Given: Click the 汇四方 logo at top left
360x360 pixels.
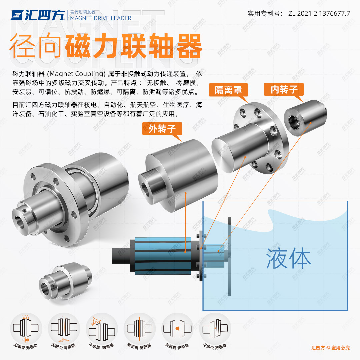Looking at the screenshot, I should point(37,15).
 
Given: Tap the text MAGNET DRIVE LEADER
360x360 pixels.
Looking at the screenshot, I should point(101,18).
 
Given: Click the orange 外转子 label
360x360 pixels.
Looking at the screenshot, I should point(162,129).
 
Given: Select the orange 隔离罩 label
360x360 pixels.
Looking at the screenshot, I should point(228,90).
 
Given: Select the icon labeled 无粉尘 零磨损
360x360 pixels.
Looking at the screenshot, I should point(64,328).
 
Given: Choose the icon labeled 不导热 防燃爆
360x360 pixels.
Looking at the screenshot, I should point(101,328).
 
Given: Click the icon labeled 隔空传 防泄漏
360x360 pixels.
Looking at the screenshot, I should point(139,328).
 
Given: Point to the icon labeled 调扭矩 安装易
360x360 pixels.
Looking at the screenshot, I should point(177,328).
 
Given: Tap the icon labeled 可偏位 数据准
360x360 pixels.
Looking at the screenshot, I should point(215,328).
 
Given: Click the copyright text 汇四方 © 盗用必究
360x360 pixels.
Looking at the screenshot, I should point(330,348).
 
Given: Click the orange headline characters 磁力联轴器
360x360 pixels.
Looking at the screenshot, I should point(133,46).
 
